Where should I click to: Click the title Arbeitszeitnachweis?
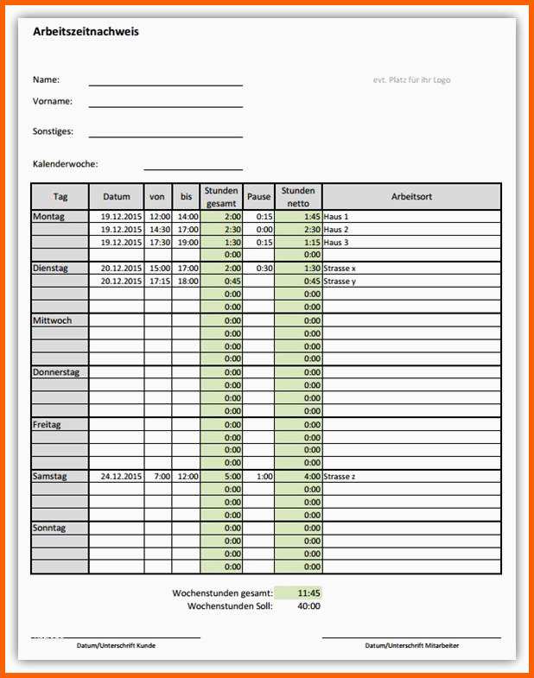(86, 32)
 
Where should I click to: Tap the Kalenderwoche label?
(65, 163)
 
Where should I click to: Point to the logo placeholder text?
(411, 80)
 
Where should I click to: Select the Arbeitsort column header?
(411, 197)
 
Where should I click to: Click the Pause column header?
(258, 197)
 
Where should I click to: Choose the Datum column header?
(116, 197)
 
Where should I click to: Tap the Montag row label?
(48, 217)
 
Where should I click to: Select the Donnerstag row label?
(56, 372)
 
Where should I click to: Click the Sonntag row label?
(49, 528)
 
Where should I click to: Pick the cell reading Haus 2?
(336, 230)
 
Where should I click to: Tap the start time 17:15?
(160, 281)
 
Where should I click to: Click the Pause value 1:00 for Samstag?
(264, 476)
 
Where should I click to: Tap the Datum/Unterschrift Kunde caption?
(117, 645)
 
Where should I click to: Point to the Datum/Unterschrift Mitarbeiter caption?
(411, 645)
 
